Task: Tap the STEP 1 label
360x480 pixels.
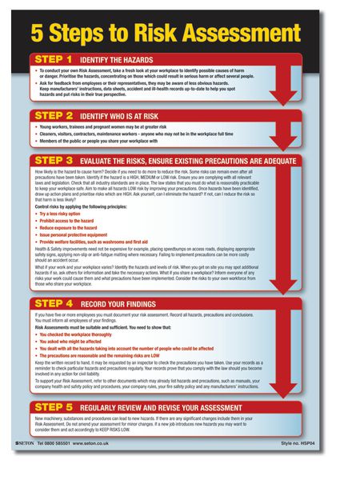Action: click(x=54, y=59)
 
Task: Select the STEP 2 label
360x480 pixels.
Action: click(x=54, y=116)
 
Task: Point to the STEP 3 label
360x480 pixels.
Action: click(x=54, y=161)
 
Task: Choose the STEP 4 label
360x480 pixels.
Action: click(x=54, y=305)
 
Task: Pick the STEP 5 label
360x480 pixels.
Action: click(x=54, y=406)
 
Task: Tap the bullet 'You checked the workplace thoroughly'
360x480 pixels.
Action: click(x=78, y=334)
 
